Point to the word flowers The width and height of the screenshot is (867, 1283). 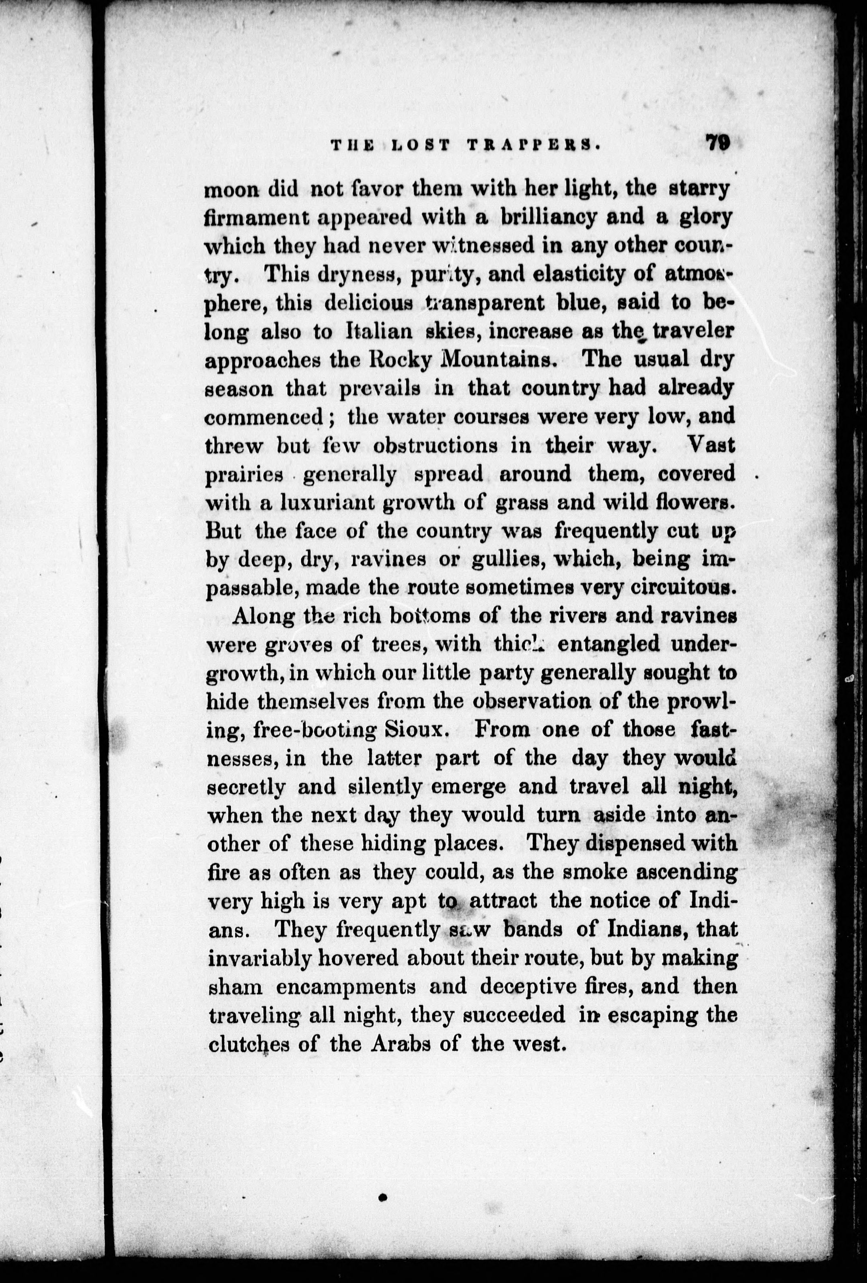point(698,503)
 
